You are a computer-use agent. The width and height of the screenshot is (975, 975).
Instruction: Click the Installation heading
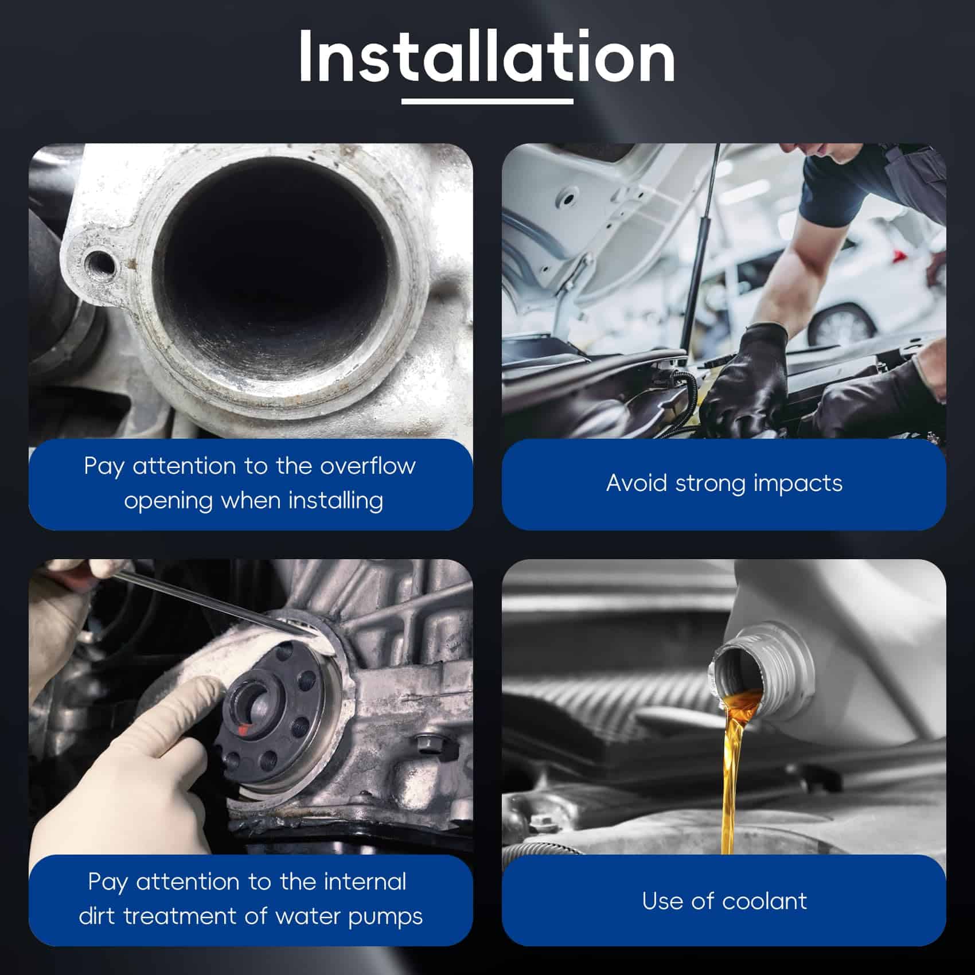pyautogui.click(x=486, y=56)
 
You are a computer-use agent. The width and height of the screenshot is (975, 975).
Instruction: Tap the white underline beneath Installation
pyautogui.click(x=487, y=102)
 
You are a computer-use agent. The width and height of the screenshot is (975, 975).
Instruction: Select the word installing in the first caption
pyautogui.click(x=336, y=500)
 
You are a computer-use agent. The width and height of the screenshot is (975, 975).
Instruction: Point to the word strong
pyautogui.click(x=711, y=483)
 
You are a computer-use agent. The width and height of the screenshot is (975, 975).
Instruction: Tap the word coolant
pyautogui.click(x=765, y=901)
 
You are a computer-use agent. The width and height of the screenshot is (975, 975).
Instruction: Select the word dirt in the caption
pyautogui.click(x=98, y=916)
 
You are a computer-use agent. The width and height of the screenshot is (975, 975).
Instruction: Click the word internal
pyautogui.click(x=365, y=882)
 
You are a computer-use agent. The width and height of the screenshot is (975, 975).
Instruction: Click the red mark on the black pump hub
pyautogui.click(x=244, y=730)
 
